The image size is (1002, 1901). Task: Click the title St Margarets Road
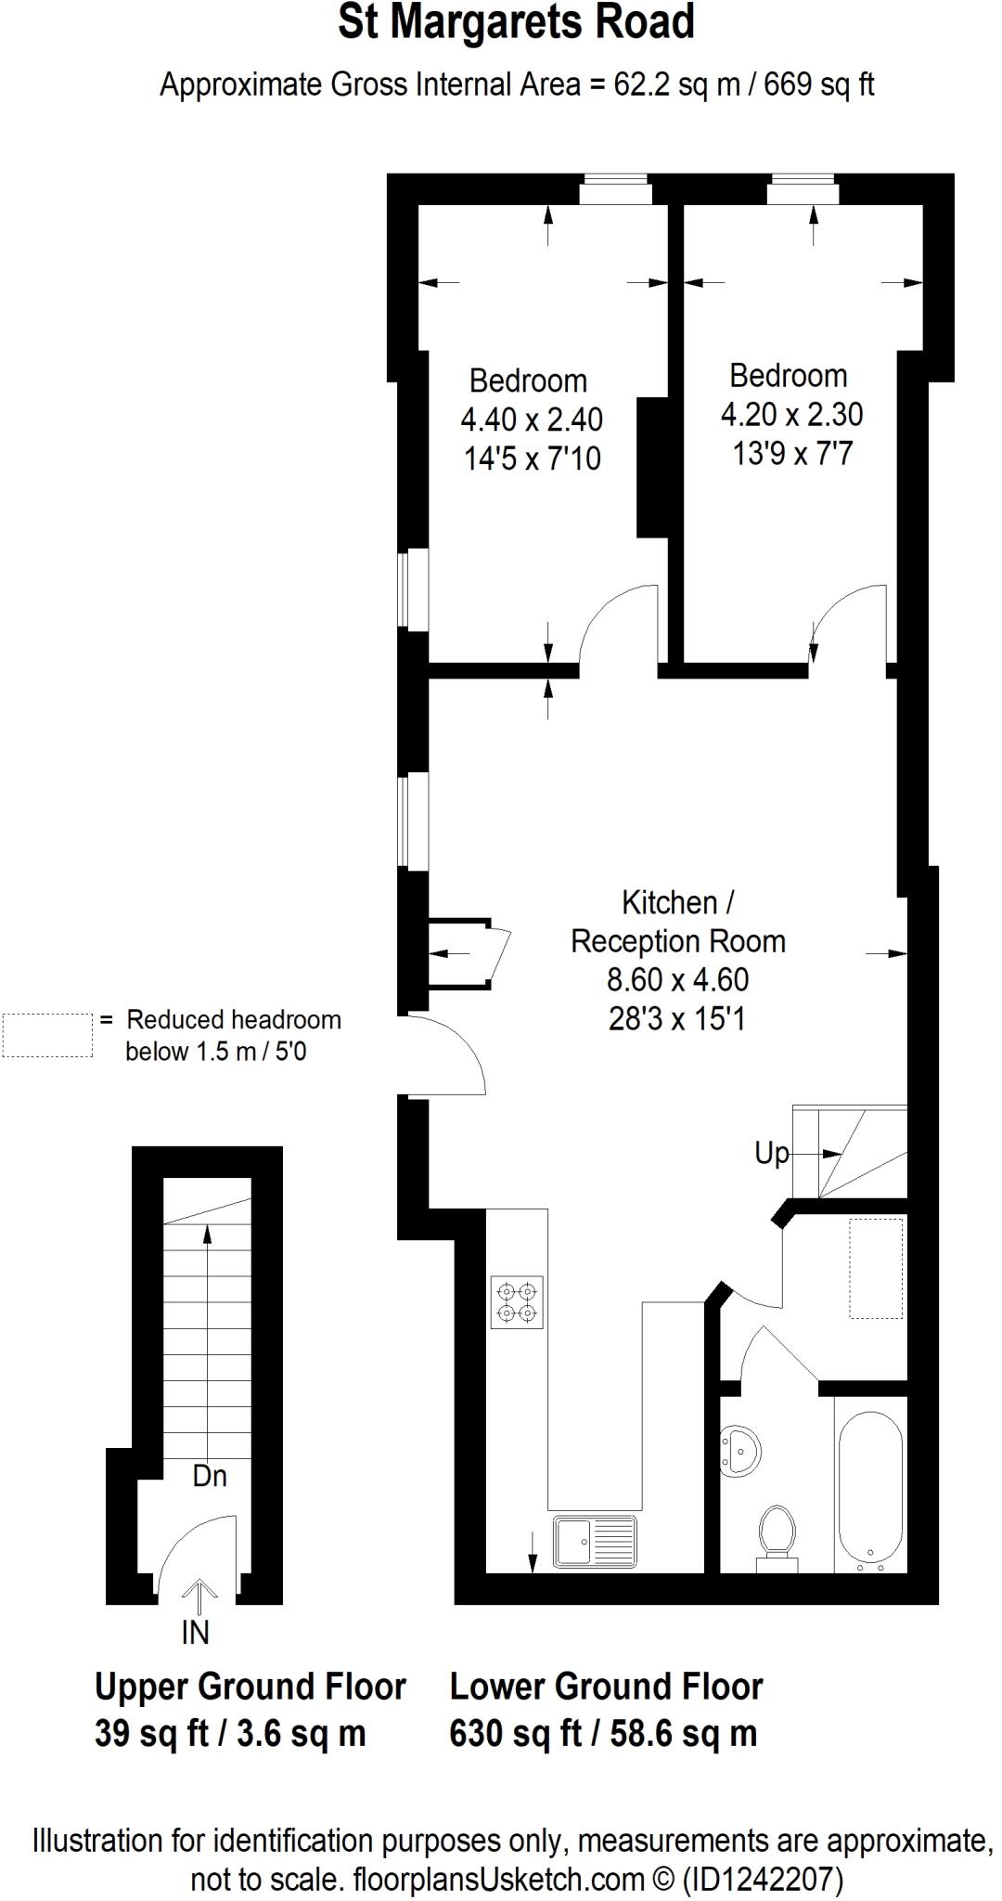(x=516, y=23)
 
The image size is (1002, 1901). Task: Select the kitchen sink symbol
(x=595, y=1542)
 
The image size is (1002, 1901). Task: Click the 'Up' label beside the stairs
(x=771, y=1153)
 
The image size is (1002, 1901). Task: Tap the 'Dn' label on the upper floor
(x=210, y=1476)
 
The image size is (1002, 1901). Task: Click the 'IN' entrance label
(x=196, y=1632)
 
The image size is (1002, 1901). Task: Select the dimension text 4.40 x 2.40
(x=532, y=420)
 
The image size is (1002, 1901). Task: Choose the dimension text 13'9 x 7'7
(x=792, y=453)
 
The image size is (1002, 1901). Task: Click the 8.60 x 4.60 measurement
(x=677, y=979)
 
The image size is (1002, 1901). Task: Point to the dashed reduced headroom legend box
(x=47, y=1035)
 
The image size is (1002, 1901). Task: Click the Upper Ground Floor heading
(x=250, y=1687)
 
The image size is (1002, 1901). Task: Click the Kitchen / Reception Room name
(x=677, y=922)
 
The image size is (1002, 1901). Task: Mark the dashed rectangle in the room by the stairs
(x=876, y=1268)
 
